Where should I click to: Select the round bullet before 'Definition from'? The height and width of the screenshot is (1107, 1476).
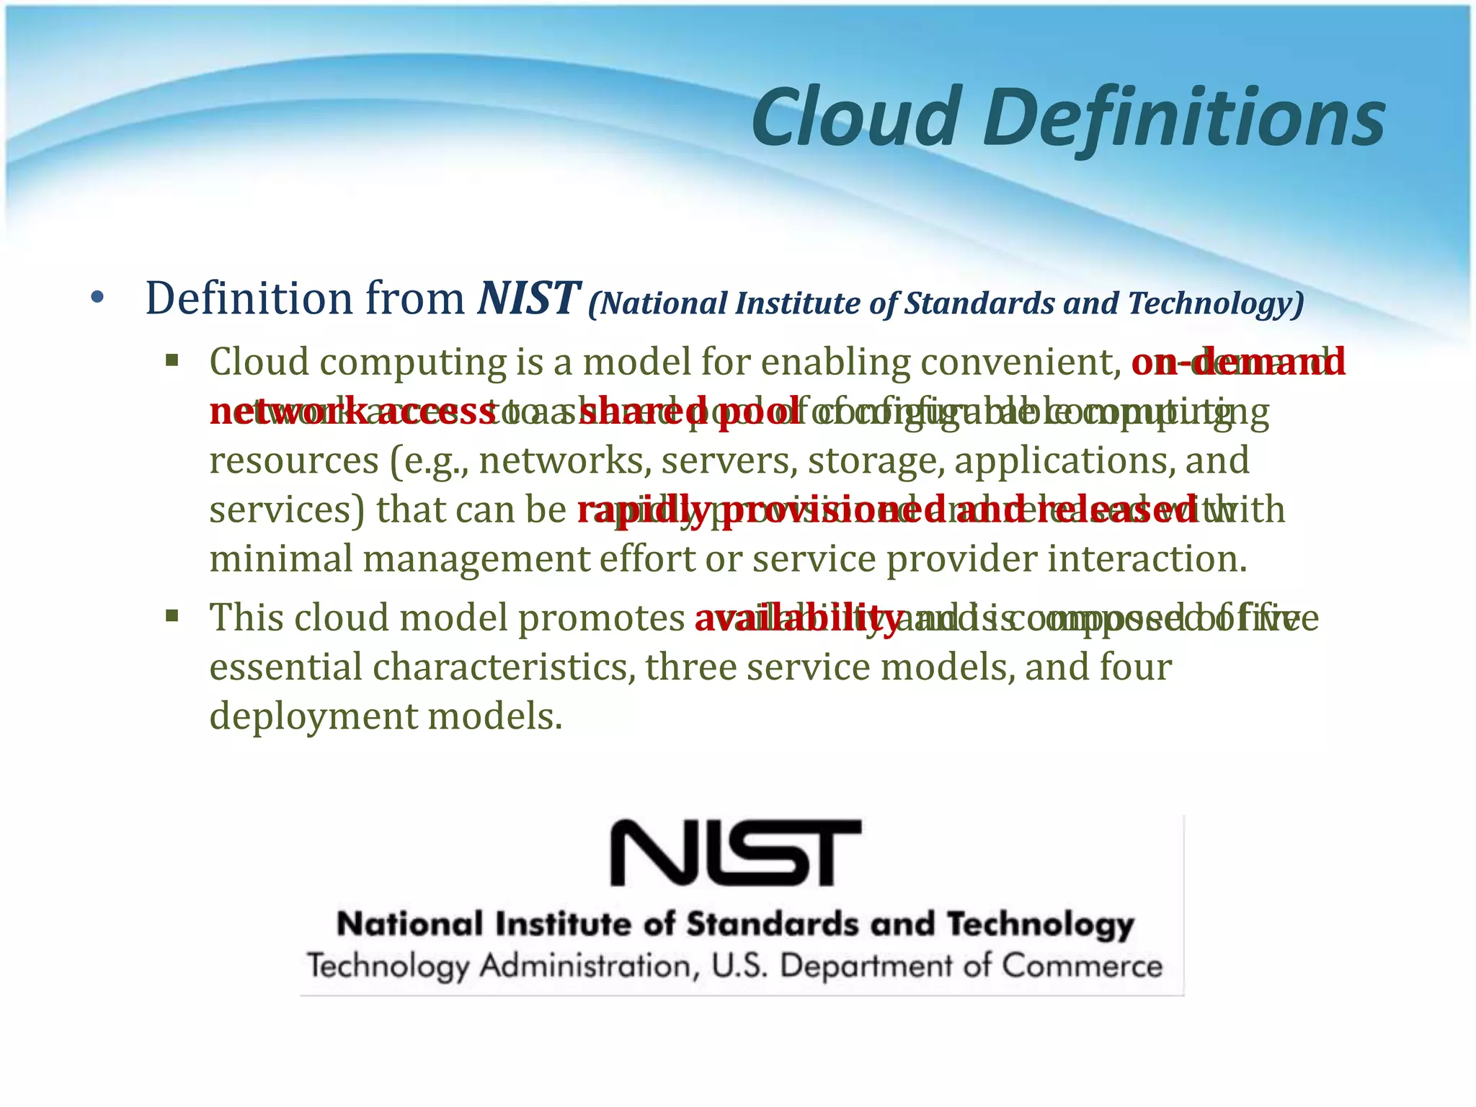point(98,298)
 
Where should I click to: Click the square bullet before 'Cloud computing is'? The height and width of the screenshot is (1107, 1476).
point(172,360)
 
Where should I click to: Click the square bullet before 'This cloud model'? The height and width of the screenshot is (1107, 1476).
point(172,616)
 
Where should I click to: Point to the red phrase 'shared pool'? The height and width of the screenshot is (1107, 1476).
point(689,412)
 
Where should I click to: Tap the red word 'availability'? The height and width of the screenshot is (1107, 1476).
point(797,618)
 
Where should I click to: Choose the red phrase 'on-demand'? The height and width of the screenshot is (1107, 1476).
point(1237,361)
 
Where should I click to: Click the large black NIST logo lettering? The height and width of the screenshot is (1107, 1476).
point(736,853)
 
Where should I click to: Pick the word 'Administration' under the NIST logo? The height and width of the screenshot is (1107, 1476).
point(590,966)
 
